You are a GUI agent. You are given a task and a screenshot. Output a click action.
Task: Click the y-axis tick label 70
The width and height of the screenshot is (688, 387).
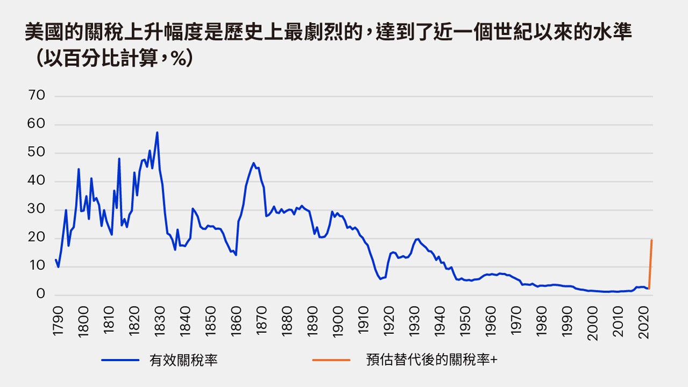pyautogui.click(x=37, y=96)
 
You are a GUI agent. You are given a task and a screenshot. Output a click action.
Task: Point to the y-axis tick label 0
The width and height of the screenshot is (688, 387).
pyautogui.click(x=41, y=295)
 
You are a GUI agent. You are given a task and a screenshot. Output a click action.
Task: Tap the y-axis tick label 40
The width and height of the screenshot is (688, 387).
pyautogui.click(x=37, y=181)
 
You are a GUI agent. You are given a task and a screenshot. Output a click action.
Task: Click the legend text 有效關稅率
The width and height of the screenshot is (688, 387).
pyautogui.click(x=183, y=360)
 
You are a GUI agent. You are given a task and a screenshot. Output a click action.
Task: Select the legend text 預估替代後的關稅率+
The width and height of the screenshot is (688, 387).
pyautogui.click(x=432, y=360)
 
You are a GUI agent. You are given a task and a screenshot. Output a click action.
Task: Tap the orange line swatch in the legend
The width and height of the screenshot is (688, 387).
pyautogui.click(x=331, y=360)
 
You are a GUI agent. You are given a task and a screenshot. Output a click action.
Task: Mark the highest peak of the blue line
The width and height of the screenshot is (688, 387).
pyautogui.click(x=157, y=132)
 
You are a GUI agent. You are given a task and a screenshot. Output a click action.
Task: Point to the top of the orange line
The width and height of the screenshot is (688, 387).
pyautogui.click(x=651, y=240)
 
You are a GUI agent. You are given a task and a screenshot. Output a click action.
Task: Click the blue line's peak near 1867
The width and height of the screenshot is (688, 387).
pyautogui.click(x=253, y=163)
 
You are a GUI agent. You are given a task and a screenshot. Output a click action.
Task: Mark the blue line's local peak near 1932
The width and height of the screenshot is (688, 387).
pyautogui.click(x=418, y=239)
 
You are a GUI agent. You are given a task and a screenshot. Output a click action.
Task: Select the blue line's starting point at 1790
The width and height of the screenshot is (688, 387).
pyautogui.click(x=55, y=260)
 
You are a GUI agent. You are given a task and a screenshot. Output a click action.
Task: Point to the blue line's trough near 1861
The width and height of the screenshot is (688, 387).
pyautogui.click(x=236, y=255)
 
